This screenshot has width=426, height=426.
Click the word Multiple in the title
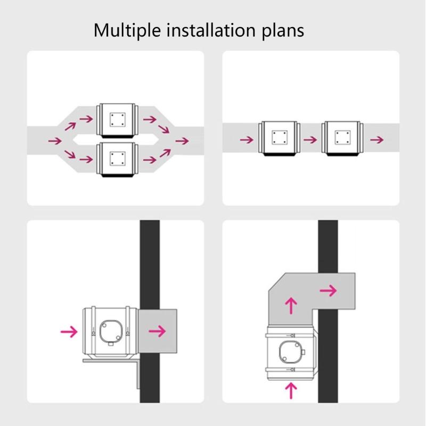(x=127, y=30)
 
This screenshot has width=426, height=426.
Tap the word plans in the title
(x=283, y=30)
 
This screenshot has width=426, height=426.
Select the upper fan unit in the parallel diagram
(x=117, y=120)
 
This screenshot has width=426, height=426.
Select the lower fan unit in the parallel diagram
(x=117, y=159)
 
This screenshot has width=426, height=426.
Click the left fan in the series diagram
(x=279, y=138)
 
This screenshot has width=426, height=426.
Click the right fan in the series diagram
(x=342, y=138)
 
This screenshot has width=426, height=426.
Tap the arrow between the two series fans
(x=310, y=140)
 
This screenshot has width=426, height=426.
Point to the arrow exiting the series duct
(x=377, y=140)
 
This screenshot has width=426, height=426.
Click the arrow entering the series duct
(x=247, y=140)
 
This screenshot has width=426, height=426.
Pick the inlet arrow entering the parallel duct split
(x=55, y=141)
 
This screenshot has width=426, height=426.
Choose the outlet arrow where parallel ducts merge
(x=182, y=141)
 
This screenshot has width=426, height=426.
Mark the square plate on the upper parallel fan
(x=118, y=120)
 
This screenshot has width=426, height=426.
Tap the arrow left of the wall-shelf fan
(x=69, y=331)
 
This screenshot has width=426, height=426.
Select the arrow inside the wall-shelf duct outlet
(x=157, y=331)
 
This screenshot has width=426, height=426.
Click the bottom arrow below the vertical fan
(x=291, y=391)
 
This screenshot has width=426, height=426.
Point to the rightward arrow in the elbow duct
(x=329, y=291)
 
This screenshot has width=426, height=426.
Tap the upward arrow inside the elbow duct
(x=291, y=306)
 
